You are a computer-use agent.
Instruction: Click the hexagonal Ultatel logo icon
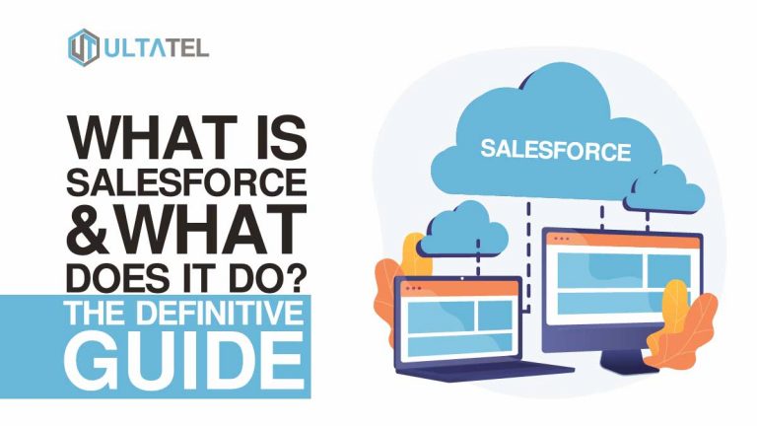point(84,47)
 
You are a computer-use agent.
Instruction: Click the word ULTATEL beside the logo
point(156,47)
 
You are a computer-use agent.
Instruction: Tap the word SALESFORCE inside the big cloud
point(556,150)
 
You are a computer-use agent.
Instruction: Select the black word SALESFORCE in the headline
point(186,182)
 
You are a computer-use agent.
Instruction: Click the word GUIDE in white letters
point(184,361)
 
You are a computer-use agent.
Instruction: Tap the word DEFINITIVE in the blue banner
point(220,313)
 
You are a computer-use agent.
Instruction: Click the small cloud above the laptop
point(462,231)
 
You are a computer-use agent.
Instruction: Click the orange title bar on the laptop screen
point(457,288)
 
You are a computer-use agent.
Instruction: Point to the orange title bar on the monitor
point(624,239)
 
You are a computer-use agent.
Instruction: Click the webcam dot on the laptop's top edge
point(462,279)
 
